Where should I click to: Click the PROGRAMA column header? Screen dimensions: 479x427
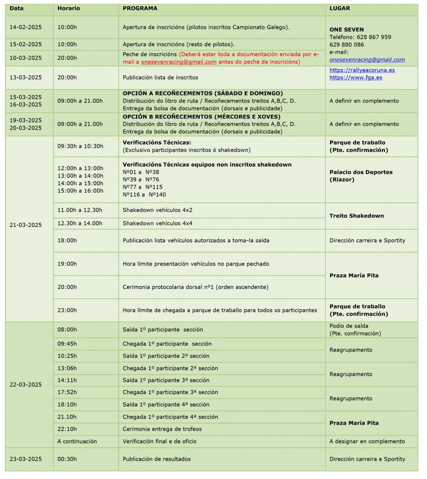[x=140, y=8]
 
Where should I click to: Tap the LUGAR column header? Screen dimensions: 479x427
[x=340, y=8]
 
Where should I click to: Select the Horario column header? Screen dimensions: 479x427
[x=69, y=8]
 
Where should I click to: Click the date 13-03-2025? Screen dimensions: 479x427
[x=26, y=77]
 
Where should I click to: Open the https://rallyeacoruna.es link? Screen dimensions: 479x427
[x=362, y=70]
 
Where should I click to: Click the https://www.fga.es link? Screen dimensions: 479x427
[x=355, y=78]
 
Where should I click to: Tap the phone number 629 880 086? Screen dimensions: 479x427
[x=347, y=45]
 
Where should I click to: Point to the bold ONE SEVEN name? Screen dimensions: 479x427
[x=347, y=29]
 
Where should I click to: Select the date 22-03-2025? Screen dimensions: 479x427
[x=26, y=385]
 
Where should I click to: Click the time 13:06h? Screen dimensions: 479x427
[x=67, y=368]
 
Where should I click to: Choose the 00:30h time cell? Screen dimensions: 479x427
[x=67, y=459]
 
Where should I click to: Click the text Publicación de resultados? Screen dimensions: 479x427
[x=157, y=459]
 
